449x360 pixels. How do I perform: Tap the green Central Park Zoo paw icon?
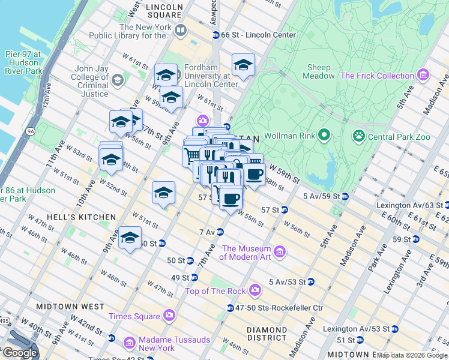pos(359,136)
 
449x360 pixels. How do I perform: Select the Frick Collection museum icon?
pos(424,75)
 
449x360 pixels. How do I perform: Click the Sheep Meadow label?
pos(319,71)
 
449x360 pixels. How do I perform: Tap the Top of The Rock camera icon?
pos(255,290)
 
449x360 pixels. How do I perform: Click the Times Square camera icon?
pos(169,315)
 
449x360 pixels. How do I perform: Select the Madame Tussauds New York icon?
pos(129,343)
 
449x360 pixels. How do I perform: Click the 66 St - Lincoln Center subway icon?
pos(215,35)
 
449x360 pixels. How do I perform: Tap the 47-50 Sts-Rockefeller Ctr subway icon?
pos(230,308)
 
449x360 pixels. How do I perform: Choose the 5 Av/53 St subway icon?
pos(311,281)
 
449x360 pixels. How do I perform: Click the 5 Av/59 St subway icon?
pos(345,196)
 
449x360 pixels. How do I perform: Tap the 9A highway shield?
pos(28,130)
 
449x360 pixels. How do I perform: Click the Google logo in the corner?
pos(20,352)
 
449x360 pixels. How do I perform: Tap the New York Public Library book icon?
pos(181,29)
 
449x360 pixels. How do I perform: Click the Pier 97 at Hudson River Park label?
pos(23,62)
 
